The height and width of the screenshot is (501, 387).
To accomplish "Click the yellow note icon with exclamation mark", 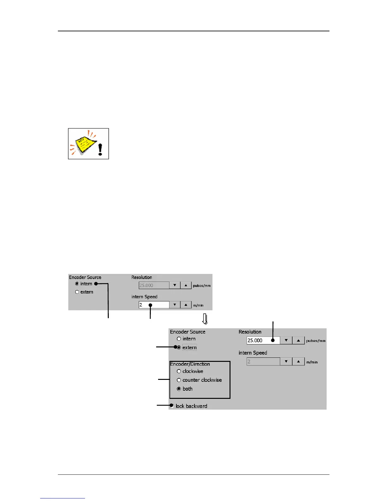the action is tap(88, 144).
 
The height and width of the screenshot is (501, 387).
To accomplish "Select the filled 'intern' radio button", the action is tap(77, 284).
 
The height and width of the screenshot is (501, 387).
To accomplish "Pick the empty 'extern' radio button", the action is tap(77, 292).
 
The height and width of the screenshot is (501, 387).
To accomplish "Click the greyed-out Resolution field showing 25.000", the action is tap(154, 285).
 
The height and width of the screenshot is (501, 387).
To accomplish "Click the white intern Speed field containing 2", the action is tap(154, 305).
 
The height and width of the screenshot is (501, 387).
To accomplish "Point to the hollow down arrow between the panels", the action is tap(205, 319).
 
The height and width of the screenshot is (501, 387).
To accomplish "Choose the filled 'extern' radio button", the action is tap(179, 348).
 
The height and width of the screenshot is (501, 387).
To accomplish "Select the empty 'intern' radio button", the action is tap(179, 339).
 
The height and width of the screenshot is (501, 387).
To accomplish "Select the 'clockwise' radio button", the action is tap(179, 371).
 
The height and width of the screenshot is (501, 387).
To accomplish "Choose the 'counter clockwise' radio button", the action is tap(179, 380).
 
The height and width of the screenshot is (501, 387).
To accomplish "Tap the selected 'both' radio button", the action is tap(179, 389).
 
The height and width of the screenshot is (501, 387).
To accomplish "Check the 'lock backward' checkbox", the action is tap(172, 406).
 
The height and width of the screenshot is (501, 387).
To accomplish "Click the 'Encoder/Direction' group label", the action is tap(190, 364).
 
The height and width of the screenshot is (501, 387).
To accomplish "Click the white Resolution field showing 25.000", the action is tap(263, 341).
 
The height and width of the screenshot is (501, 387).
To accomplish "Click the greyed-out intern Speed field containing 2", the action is tap(263, 362).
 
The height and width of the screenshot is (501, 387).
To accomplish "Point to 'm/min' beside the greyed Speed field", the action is tap(312, 362).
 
